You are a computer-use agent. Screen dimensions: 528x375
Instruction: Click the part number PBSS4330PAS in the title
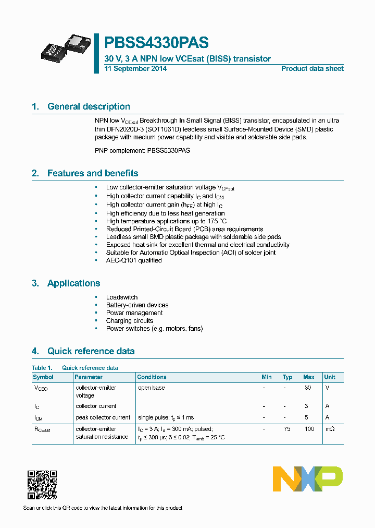(x=156, y=43)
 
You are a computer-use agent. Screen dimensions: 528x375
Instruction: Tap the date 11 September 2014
(x=135, y=69)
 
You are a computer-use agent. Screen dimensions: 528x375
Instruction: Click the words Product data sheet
(x=312, y=69)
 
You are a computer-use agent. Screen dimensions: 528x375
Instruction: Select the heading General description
(x=89, y=106)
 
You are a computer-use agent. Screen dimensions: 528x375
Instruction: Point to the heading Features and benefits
(x=93, y=173)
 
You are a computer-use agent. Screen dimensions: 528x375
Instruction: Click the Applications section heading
(x=73, y=283)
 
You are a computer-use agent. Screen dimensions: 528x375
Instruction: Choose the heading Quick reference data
(x=91, y=351)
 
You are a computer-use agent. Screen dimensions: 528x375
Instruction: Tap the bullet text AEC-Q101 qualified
(x=134, y=260)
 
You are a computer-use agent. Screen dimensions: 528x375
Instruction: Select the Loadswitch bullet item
(x=122, y=297)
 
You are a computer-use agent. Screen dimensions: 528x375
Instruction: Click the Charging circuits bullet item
(x=130, y=321)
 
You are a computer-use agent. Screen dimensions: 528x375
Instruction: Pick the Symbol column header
(x=43, y=377)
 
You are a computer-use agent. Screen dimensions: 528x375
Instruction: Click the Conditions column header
(x=152, y=377)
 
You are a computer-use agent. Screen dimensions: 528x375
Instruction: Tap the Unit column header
(x=330, y=377)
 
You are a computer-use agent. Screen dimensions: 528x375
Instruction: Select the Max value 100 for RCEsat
(x=309, y=429)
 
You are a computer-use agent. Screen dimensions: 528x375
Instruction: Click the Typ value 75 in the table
(x=287, y=429)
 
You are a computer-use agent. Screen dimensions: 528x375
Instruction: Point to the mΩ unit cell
(x=330, y=429)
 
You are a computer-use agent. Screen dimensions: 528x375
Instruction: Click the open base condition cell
(x=151, y=388)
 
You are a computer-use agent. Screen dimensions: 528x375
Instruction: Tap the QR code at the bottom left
(x=42, y=485)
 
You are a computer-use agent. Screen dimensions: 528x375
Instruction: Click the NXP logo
(x=308, y=479)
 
